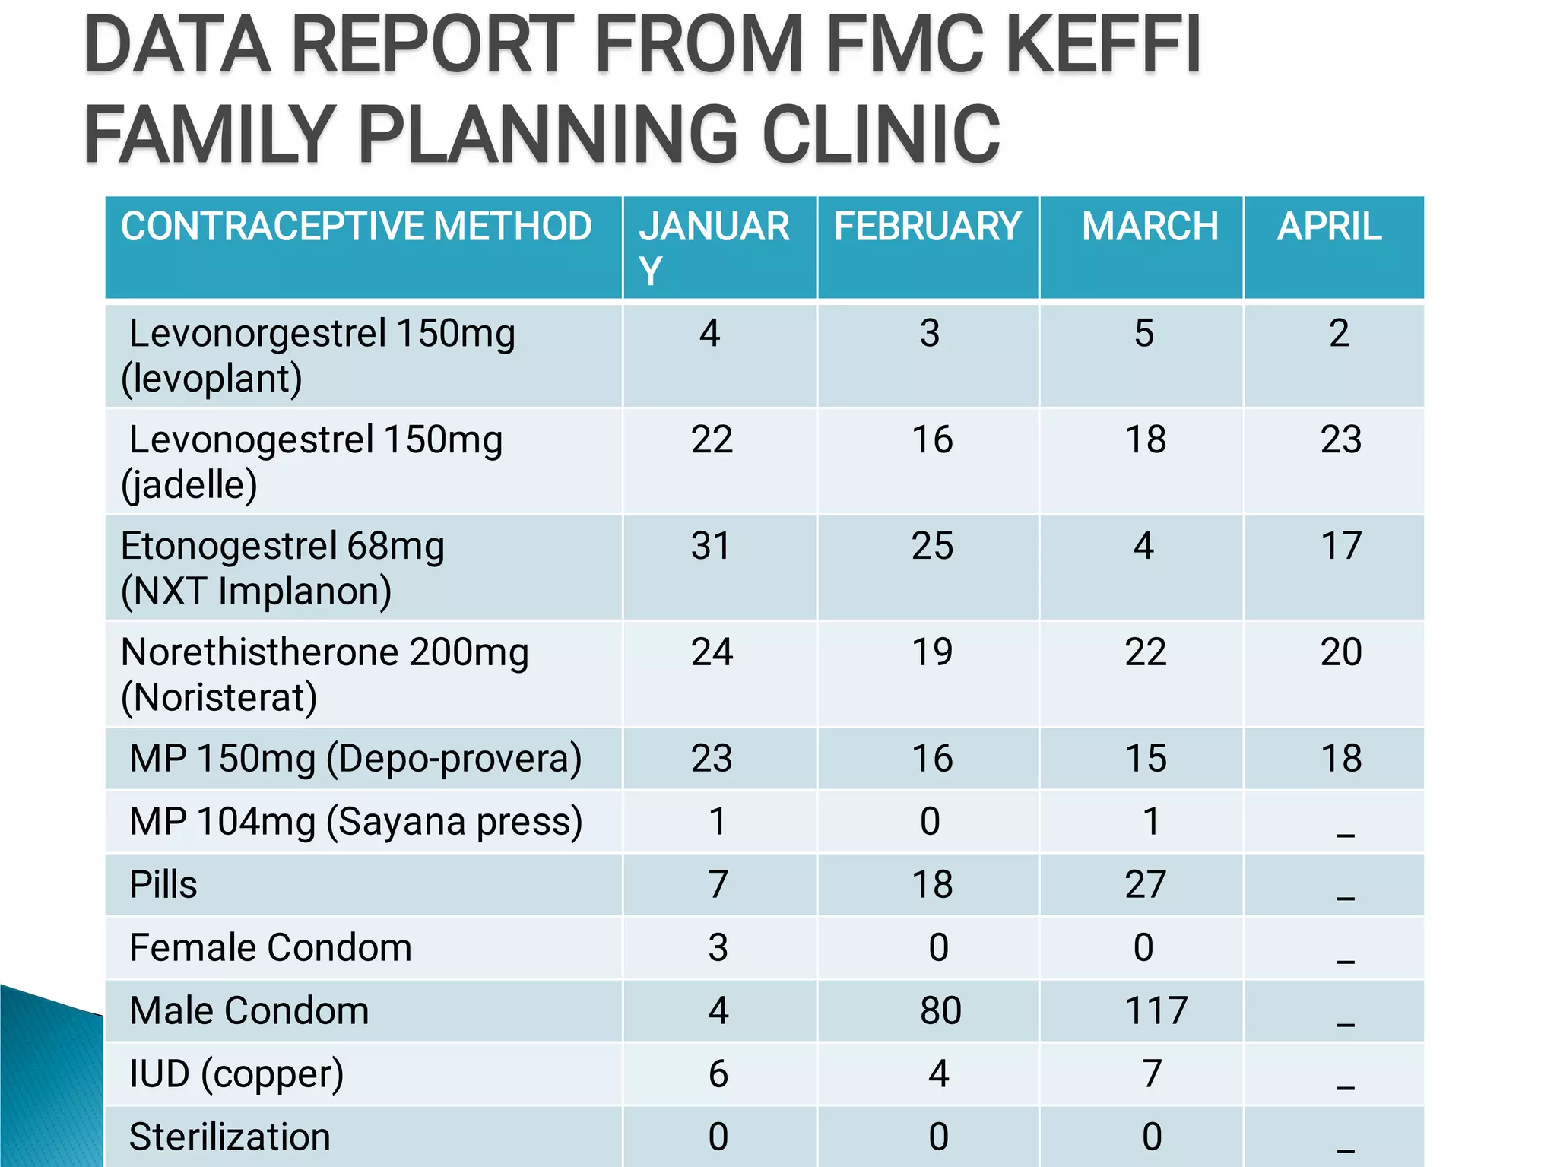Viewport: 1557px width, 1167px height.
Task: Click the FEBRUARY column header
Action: [927, 227]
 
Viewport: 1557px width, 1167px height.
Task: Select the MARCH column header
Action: [1150, 227]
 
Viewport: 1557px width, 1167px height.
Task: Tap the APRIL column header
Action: [1329, 227]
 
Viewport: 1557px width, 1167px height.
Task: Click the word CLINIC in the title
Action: [881, 135]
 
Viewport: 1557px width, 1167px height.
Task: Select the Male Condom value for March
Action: [1156, 1010]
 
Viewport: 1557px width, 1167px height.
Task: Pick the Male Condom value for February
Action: [940, 1010]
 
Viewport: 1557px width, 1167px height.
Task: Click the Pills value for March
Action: [1145, 884]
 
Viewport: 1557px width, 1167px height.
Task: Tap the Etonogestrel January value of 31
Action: [710, 546]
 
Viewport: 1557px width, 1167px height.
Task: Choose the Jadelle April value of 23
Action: [1340, 439]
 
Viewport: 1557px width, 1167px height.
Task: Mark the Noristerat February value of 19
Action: [932, 652]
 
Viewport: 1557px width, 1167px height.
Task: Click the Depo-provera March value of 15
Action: [1146, 759]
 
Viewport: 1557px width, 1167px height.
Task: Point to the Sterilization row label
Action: [230, 1137]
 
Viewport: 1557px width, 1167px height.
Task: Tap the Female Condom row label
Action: [271, 947]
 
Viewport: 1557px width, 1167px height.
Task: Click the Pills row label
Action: [163, 884]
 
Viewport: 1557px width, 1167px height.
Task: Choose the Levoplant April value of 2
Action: [1340, 333]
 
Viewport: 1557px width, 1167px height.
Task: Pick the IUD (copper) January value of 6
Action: [718, 1073]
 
